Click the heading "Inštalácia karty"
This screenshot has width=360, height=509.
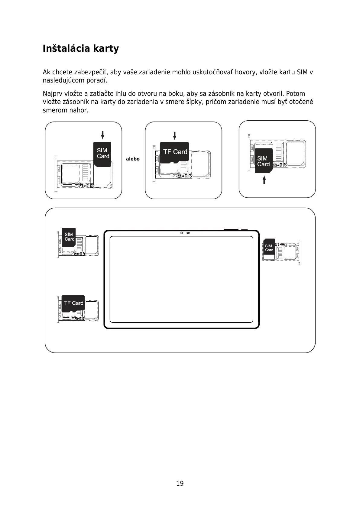pos(81,49)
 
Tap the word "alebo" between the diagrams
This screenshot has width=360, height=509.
pos(133,159)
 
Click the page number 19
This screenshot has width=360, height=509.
pos(180,483)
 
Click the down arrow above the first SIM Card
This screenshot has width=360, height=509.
pos(102,135)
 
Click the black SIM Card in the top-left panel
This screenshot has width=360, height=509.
pos(102,154)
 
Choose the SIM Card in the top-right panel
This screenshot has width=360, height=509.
pos(264,161)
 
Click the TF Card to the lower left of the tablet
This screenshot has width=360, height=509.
pos(73,303)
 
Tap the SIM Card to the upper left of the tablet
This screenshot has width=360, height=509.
pos(69,237)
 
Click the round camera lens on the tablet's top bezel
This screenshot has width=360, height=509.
pos(182,233)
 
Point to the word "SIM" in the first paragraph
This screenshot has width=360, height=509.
pos(302,73)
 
